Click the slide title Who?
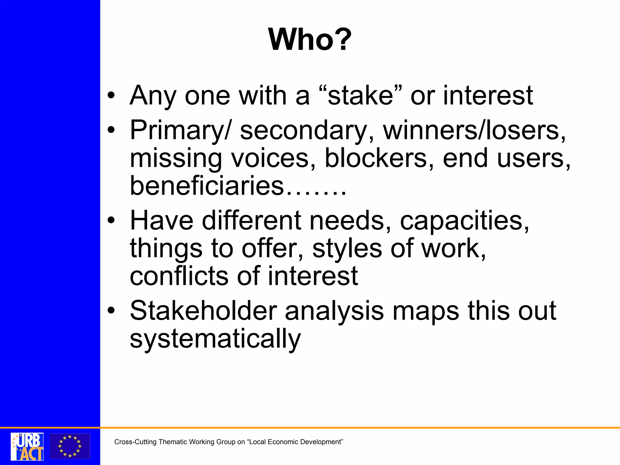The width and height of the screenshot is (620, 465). pos(310,40)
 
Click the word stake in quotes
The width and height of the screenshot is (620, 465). pos(360,96)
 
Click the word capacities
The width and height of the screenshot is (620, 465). pos(464,220)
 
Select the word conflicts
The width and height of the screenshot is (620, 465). pos(179,276)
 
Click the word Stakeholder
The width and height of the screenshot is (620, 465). pos(203,311)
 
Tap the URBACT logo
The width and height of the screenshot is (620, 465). pos(27,446)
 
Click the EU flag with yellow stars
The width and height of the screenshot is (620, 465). pos(70,446)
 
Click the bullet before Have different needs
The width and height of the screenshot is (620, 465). pos(111,220)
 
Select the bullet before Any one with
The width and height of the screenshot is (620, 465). pos(111,96)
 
